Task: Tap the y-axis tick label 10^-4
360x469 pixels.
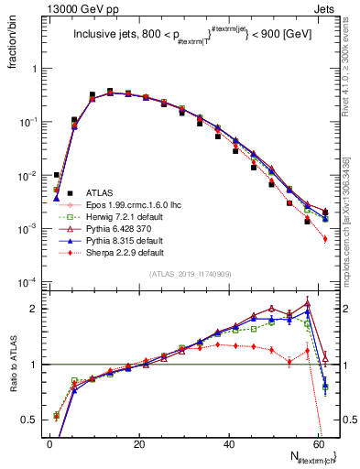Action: click(29, 280)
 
